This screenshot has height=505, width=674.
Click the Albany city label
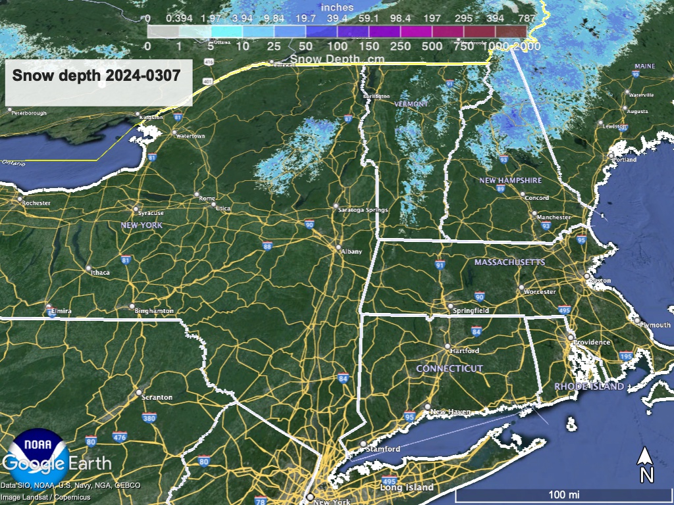click(x=351, y=251)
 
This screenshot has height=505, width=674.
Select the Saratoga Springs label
click(x=363, y=210)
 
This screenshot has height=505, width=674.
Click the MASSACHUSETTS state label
click(x=510, y=262)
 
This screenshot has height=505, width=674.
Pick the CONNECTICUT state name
click(x=450, y=369)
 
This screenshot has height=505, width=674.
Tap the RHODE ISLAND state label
click(x=589, y=387)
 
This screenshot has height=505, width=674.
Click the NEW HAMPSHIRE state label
click(x=510, y=180)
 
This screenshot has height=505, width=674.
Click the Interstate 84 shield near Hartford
click(x=476, y=331)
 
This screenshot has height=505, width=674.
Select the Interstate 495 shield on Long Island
click(x=389, y=481)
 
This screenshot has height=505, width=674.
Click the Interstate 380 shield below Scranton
click(x=149, y=418)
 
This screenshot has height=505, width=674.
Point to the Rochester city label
click(x=36, y=203)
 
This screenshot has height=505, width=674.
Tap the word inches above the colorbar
click(x=337, y=7)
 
